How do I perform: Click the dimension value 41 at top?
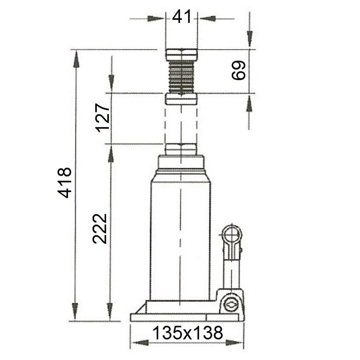(x=182, y=17)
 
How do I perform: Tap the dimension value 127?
(x=103, y=118)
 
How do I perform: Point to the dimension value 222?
(x=100, y=229)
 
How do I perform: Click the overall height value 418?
(x=65, y=182)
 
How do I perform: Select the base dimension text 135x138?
(x=187, y=333)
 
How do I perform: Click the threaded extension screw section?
(x=182, y=77)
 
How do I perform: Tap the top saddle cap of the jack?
(x=182, y=55)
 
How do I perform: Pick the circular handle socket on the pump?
(x=232, y=235)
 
